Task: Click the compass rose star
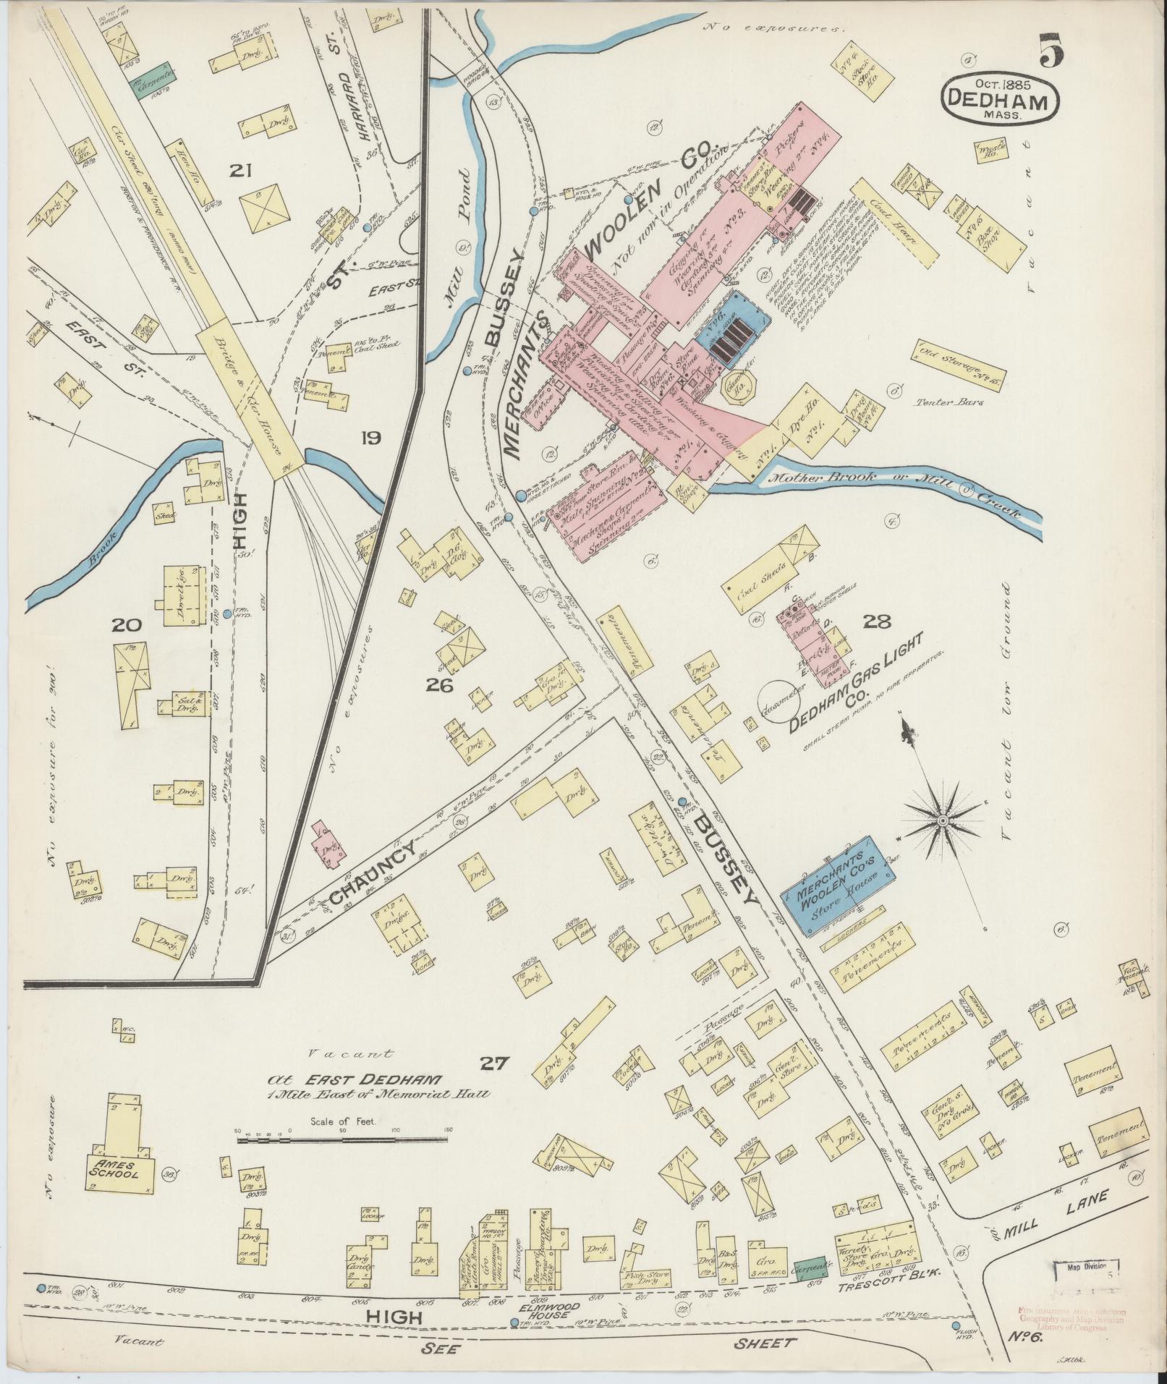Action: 943,820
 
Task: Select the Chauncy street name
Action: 373,873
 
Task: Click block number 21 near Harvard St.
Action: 239,171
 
